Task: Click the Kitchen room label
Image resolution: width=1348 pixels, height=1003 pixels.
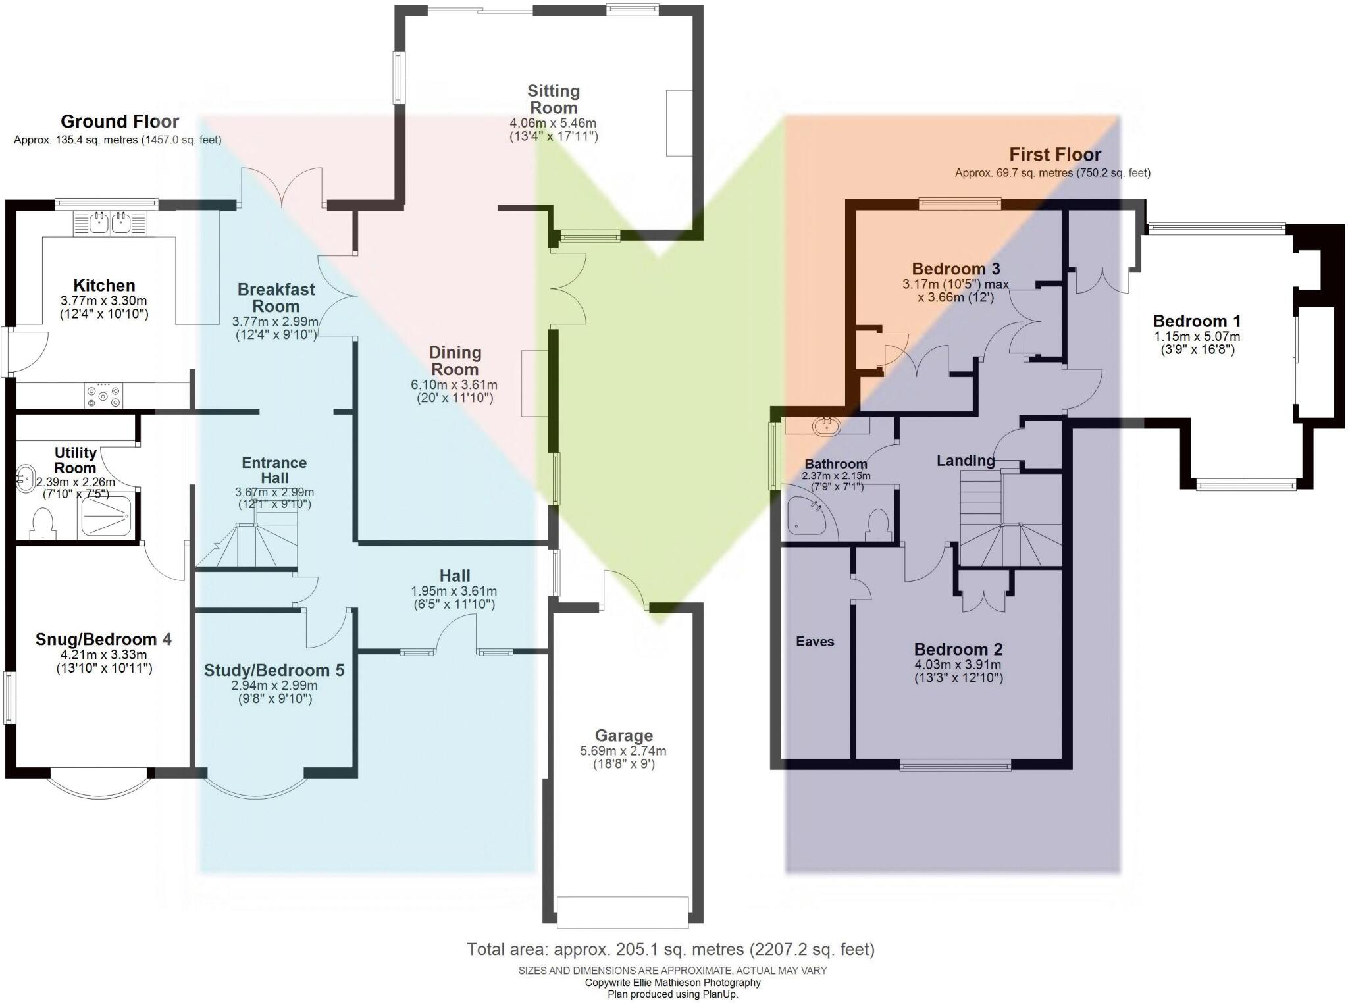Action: coord(104,286)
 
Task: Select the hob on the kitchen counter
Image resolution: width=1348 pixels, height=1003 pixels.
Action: coord(104,396)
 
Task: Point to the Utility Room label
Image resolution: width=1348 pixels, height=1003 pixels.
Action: coord(75,460)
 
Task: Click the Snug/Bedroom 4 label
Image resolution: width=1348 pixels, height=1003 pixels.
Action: coord(103,639)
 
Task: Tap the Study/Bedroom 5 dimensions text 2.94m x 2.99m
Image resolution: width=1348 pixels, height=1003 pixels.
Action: coord(274,685)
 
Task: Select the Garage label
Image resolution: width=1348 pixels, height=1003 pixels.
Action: coord(623,735)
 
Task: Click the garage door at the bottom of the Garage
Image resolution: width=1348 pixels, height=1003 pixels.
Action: coord(622,912)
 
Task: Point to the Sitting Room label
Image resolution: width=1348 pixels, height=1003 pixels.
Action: coord(554,99)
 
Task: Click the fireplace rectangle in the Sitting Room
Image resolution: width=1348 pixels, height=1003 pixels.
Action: coord(679,123)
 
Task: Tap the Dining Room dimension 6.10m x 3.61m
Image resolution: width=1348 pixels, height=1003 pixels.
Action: coord(454,385)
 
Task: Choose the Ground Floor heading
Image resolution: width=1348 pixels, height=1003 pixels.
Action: coord(120,122)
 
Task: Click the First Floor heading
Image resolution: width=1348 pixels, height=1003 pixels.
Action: coord(1055,155)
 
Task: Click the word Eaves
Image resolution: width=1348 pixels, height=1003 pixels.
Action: coord(815,642)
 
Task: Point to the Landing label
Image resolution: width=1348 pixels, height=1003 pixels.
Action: coord(966,461)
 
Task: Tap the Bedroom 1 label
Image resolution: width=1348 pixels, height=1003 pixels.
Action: coord(1197,321)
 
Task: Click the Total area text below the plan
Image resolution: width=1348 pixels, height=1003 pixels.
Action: coord(671,950)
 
